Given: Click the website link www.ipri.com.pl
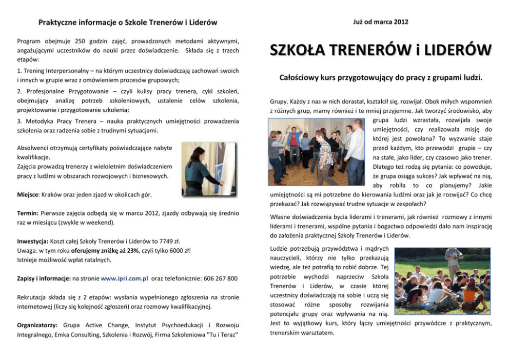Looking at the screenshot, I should (125, 278).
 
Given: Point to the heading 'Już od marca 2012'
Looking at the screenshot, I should (381, 22).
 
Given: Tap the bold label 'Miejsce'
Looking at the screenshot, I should (27, 195).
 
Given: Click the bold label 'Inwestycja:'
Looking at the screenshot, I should (33, 241).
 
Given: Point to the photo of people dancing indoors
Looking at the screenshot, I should (317, 152).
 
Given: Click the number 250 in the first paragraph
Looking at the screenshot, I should (81, 41).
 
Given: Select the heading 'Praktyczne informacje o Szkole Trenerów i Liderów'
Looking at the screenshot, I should (127, 23).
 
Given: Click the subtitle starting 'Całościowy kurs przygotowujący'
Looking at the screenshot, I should (381, 78).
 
